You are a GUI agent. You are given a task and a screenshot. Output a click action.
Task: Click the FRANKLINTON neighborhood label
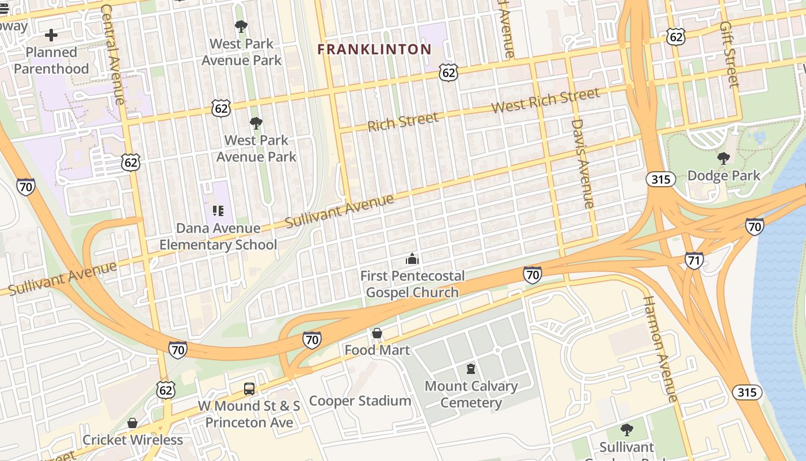pyautogui.click(x=374, y=50)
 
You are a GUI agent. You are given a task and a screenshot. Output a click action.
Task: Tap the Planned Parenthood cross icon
pyautogui.click(x=51, y=35)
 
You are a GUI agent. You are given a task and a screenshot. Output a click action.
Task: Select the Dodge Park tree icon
pyautogui.click(x=723, y=158)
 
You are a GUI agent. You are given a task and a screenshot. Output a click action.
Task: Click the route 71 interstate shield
pyautogui.click(x=694, y=260)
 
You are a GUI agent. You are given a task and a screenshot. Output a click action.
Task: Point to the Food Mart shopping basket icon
pyautogui.click(x=377, y=333)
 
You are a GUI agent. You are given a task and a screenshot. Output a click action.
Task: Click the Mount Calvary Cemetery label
pyautogui.click(x=471, y=394)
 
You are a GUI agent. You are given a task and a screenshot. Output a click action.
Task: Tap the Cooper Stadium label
pyautogui.click(x=360, y=401)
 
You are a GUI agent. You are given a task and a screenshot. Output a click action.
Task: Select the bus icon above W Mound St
pyautogui.click(x=249, y=388)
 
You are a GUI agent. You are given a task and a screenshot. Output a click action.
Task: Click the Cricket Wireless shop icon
pyautogui.click(x=132, y=424)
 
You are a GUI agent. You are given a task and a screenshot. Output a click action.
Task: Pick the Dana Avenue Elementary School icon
pyautogui.click(x=218, y=211)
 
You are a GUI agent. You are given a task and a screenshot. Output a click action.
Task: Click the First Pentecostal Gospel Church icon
pyautogui.click(x=412, y=259)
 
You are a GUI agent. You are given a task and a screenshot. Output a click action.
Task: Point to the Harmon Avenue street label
pyautogui.click(x=660, y=349)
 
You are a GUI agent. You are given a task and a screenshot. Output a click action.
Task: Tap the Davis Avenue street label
pyautogui.click(x=581, y=164)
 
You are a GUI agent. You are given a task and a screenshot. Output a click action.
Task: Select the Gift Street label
pyautogui.click(x=729, y=55)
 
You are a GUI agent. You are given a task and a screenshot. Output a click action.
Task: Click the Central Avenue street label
pyautogui.click(x=112, y=55)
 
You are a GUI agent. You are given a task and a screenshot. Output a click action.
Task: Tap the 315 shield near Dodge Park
pyautogui.click(x=660, y=179)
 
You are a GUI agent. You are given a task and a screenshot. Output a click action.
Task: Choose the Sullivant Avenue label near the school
pyautogui.click(x=340, y=211)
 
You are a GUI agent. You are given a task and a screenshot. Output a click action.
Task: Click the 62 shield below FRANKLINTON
pyautogui.click(x=448, y=72)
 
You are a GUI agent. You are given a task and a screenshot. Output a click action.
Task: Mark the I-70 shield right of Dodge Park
pyautogui.click(x=754, y=226)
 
